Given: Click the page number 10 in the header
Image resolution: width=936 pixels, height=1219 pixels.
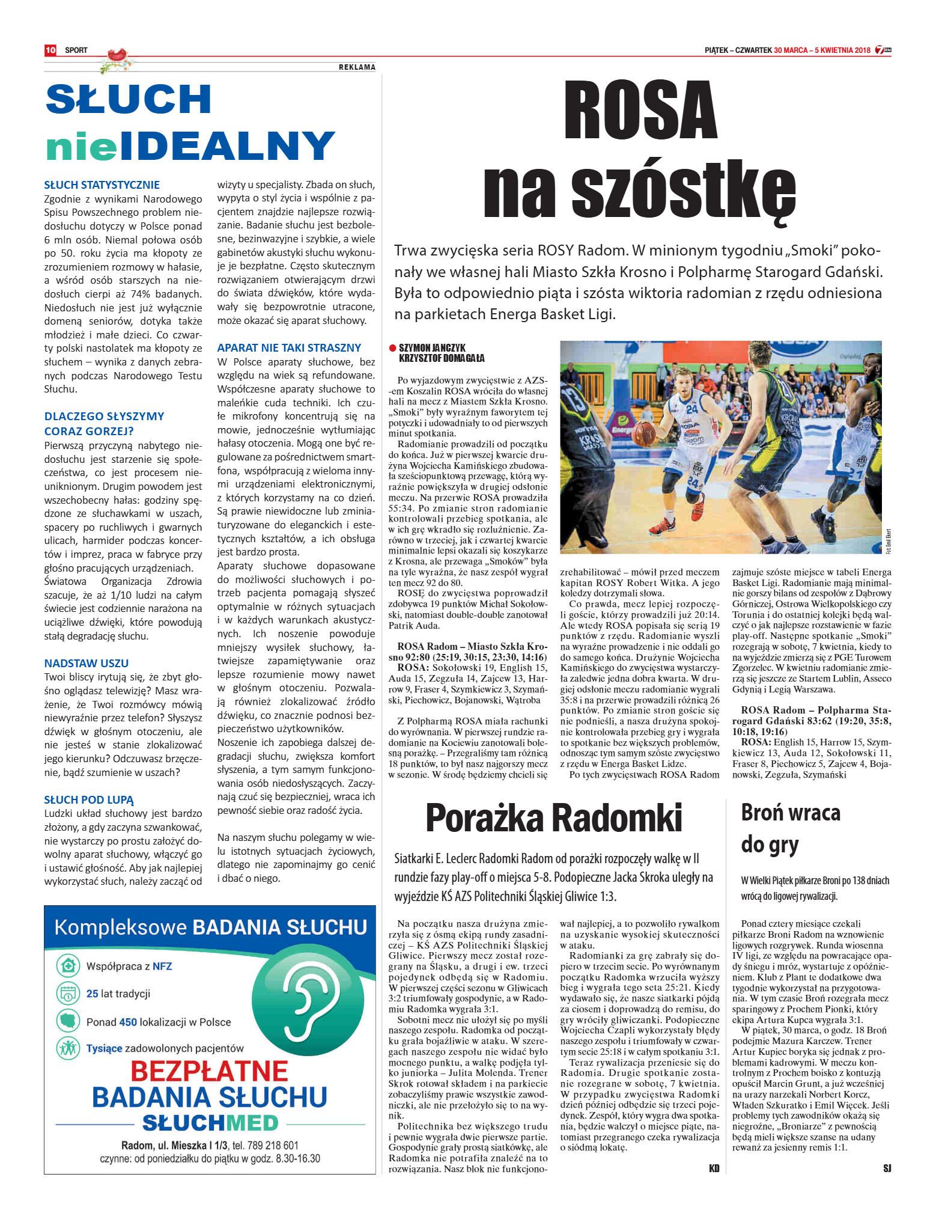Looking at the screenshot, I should [x=50, y=50].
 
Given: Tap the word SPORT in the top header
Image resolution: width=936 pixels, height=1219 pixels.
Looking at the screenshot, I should [x=76, y=50].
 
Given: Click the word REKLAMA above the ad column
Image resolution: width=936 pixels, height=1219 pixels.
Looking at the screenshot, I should [x=357, y=67].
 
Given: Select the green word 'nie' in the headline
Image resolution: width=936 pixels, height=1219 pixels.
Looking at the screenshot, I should [x=81, y=146].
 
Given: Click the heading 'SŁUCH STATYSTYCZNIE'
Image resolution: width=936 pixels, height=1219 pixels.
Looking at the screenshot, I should [x=102, y=185].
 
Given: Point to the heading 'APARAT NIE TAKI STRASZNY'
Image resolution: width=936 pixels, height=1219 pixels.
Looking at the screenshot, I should [x=289, y=347].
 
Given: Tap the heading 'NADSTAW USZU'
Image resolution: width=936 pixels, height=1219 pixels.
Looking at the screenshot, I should [x=86, y=663].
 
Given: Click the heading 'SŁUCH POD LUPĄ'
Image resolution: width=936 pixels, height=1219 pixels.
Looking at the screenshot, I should [x=89, y=799].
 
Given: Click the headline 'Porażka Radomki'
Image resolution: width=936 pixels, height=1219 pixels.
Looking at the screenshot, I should [x=553, y=818].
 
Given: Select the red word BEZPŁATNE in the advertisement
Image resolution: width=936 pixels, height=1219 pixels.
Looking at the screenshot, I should [x=209, y=1071].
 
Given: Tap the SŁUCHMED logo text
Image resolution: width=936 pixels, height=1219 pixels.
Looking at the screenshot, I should [x=210, y=1123].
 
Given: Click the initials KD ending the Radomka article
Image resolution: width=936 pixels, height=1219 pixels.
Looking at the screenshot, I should [x=714, y=1168].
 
